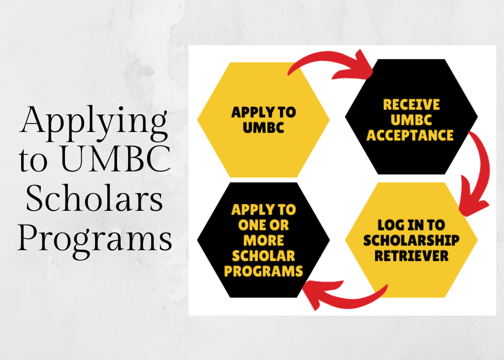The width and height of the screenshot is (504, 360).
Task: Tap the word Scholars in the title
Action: tap(94, 197)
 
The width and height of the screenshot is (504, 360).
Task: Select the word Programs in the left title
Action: tap(95, 240)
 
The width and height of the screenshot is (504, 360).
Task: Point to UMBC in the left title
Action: tap(115, 159)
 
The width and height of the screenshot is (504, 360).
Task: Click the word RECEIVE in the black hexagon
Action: tap(411, 105)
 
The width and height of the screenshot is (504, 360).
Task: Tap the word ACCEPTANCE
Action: tap(410, 135)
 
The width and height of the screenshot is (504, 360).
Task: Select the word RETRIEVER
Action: tap(411, 256)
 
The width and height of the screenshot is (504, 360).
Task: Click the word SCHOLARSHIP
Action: tap(411, 241)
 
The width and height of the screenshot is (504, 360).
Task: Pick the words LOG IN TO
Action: tap(411, 225)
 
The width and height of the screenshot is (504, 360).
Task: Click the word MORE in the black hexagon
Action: tap(264, 241)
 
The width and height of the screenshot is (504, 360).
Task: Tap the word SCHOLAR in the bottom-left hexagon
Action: tap(264, 256)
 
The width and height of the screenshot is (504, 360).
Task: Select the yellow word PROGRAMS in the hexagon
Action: tap(264, 271)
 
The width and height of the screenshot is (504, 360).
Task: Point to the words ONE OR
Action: tap(264, 225)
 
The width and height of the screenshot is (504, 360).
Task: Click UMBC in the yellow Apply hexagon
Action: tap(264, 128)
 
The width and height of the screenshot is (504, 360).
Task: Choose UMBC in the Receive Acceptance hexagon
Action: tap(411, 120)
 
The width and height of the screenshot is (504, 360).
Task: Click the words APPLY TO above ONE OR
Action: tap(264, 210)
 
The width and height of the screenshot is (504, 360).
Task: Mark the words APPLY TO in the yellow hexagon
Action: tap(264, 112)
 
